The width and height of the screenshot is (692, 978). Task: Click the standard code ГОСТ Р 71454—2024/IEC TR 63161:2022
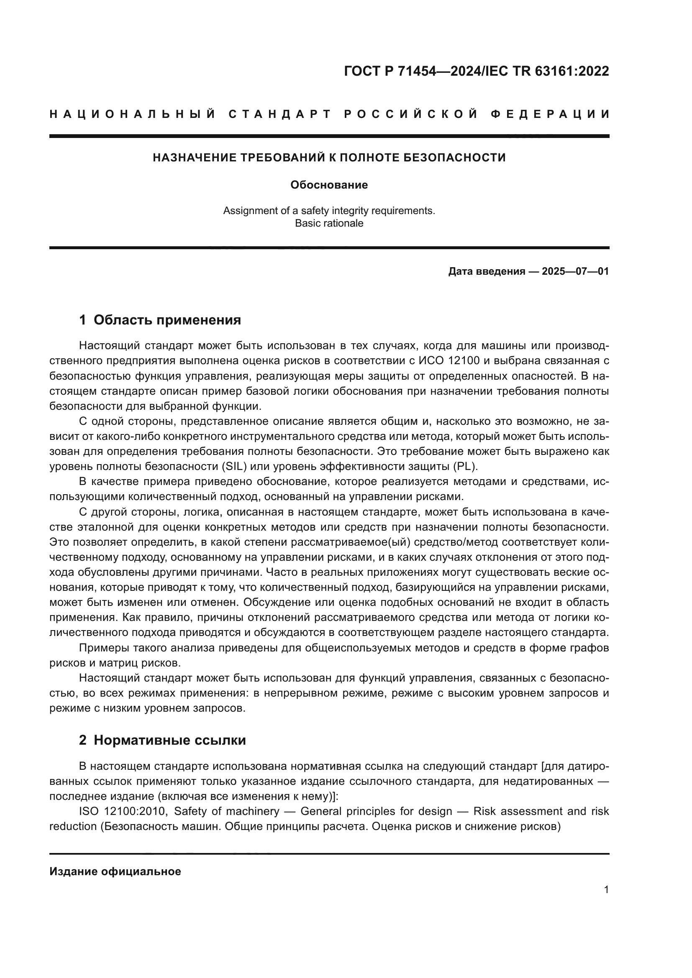tap(477, 71)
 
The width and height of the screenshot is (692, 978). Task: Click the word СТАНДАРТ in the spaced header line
tap(280, 114)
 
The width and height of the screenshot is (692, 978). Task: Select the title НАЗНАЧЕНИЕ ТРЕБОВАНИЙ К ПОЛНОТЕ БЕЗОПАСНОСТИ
tap(329, 158)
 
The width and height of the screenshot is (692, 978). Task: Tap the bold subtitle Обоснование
tap(329, 185)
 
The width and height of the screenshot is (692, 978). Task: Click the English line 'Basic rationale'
tap(329, 223)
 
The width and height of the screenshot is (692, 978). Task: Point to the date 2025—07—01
tap(575, 271)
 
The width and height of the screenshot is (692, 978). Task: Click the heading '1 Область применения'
tap(160, 320)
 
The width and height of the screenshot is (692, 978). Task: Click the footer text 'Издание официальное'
tap(115, 871)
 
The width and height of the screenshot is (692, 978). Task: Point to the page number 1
tap(606, 889)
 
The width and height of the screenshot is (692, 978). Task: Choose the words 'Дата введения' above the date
tap(486, 271)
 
